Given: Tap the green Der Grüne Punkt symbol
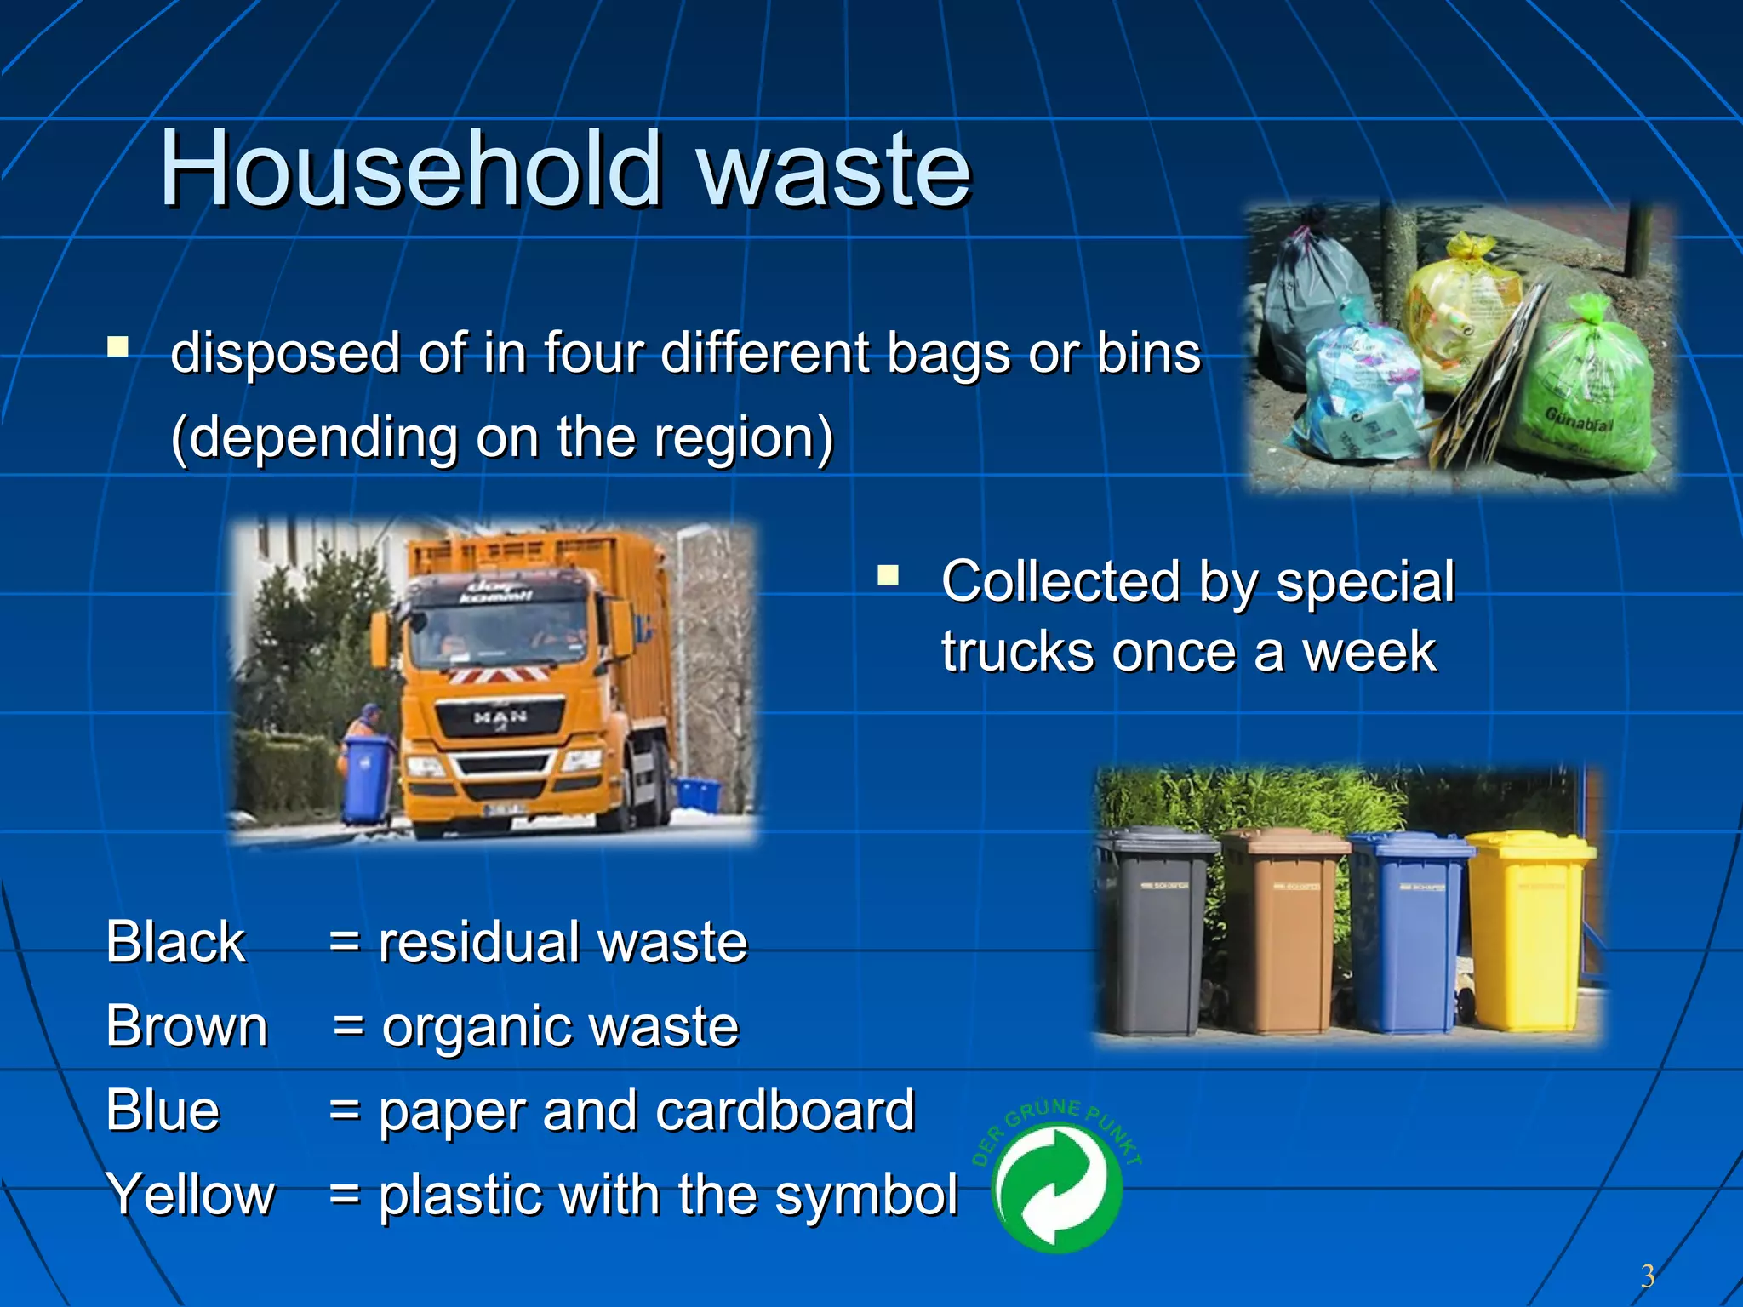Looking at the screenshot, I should coord(1056,1188).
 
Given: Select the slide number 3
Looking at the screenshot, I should coord(1647,1276).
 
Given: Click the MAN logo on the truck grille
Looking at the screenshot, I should coord(500,717).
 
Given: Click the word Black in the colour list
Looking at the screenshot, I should coord(175,943).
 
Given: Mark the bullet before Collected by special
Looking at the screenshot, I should coord(888,577).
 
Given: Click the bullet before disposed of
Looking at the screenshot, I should coord(117,347).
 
